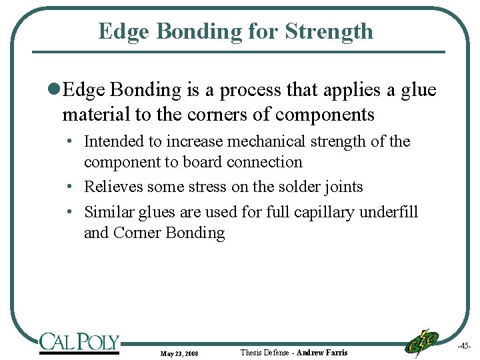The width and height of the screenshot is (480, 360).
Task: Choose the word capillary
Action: pyautogui.click(x=326, y=212)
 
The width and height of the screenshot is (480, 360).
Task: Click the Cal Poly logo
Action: pyautogui.click(x=79, y=343)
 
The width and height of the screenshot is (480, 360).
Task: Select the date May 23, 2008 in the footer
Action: pyautogui.click(x=179, y=353)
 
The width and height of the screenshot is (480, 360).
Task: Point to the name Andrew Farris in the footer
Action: pyautogui.click(x=322, y=352)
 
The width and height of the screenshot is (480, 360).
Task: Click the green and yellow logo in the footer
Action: pyautogui.click(x=421, y=343)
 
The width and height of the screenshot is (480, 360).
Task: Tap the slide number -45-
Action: pyautogui.click(x=464, y=346)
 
